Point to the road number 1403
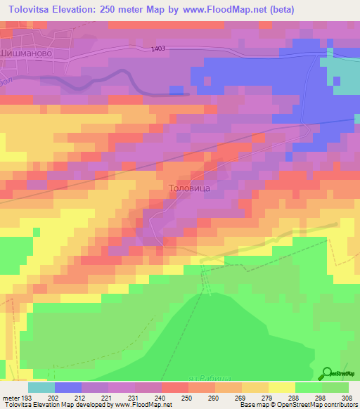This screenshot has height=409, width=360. pos(157,48)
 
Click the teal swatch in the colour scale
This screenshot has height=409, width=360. pos(41,387)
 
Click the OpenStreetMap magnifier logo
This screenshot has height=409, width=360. pos(327,372)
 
